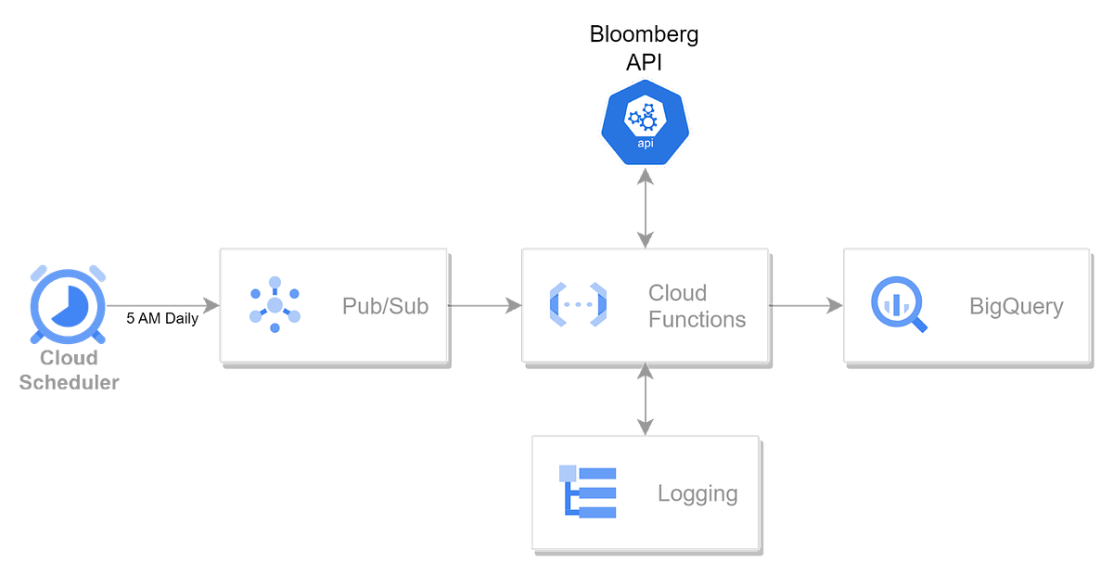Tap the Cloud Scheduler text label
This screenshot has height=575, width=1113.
pos(69,370)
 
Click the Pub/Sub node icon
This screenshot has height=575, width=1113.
pos(275,304)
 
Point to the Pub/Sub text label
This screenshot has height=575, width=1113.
pos(385,306)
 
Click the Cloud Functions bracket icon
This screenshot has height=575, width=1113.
pos(578,304)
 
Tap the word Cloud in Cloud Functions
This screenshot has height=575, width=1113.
pos(677,293)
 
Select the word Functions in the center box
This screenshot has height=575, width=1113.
pos(697,319)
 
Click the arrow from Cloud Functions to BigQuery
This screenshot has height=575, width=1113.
pos(805,304)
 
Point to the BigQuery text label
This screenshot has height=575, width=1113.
pos(1016,306)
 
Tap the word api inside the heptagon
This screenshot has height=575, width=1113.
pos(645,144)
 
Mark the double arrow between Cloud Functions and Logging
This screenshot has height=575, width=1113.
pos(645,399)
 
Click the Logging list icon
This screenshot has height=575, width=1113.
pos(587,491)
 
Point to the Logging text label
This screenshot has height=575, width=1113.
pos(697,493)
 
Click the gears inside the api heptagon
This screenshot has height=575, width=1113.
pos(645,118)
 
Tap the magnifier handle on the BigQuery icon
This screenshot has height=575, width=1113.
pos(919,325)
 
